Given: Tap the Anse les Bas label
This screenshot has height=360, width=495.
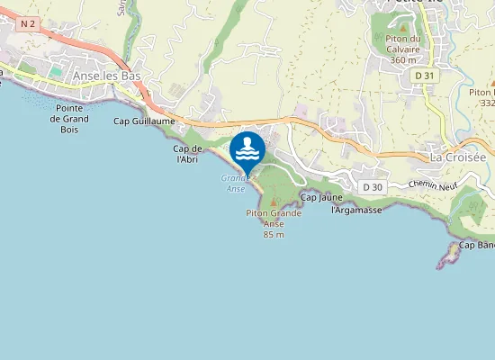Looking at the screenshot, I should point(107,76).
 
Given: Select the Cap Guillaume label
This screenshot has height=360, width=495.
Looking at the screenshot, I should point(144,120).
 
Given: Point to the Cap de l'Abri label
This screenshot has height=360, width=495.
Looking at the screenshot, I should point(186,154).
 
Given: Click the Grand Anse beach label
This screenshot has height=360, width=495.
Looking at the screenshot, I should point(234,183).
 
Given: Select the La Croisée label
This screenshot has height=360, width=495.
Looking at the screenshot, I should point(457,157).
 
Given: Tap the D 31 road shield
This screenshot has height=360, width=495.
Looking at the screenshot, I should point(425,76).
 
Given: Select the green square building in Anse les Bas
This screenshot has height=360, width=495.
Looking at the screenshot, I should point(57,69).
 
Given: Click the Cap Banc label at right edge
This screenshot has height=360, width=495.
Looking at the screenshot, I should point(477,245).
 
